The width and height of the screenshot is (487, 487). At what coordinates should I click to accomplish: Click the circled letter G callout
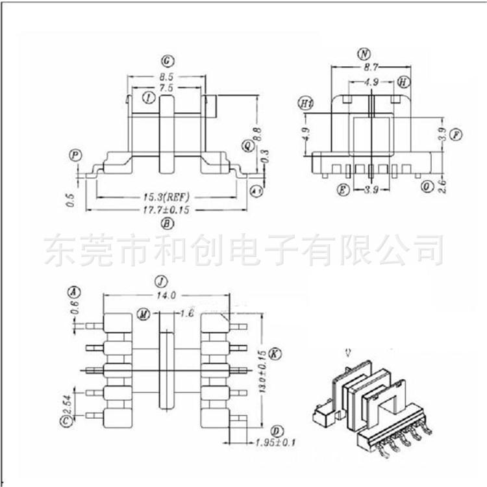pyautogui.click(x=168, y=62)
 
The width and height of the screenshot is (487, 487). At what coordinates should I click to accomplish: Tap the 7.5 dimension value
pyautogui.click(x=167, y=88)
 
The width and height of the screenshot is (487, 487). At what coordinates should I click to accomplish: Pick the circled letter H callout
pyautogui.click(x=404, y=82)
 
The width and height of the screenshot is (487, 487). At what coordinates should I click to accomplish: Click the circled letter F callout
pyautogui.click(x=456, y=135)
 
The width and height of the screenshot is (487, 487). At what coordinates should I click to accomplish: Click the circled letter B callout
pyautogui.click(x=168, y=225)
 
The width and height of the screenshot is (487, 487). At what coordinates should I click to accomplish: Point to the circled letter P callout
pyautogui.click(x=76, y=155)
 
